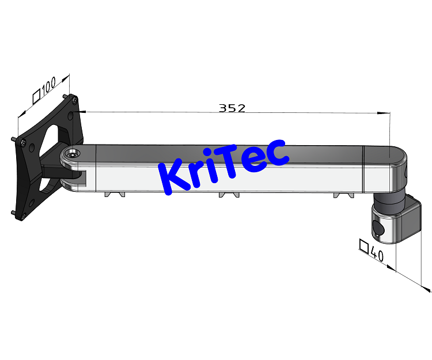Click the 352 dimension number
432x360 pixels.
point(232,108)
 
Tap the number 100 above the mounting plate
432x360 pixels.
point(52,86)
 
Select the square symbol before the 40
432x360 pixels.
point(363,246)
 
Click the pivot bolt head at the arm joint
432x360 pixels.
point(72,154)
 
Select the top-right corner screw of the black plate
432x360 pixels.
point(74,98)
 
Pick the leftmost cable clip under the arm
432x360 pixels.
point(114,194)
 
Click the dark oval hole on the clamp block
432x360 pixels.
point(377,229)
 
